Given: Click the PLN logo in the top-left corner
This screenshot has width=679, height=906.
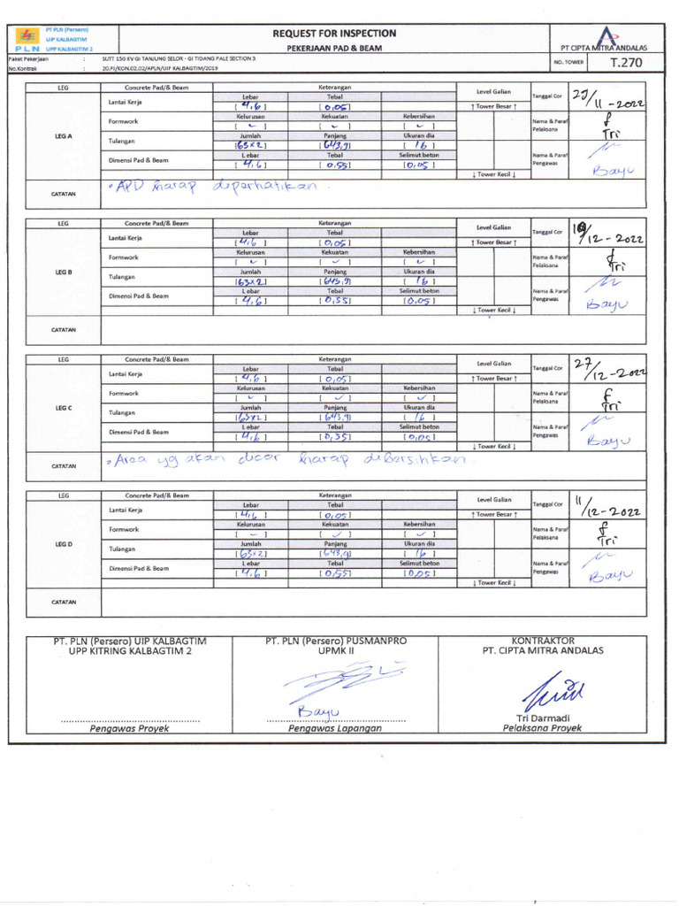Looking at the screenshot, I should click(27, 36).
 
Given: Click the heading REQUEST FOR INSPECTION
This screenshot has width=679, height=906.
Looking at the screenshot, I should click(334, 33).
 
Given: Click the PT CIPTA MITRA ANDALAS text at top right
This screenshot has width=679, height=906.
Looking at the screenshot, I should click(604, 48).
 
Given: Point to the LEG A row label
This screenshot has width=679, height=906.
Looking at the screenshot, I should click(63, 136).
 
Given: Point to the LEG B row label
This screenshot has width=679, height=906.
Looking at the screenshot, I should click(63, 272).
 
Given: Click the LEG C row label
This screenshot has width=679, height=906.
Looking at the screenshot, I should click(63, 408).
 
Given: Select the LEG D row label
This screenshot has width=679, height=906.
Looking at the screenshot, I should click(63, 543).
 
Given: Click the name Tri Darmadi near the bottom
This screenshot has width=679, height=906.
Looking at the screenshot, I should click(542, 717).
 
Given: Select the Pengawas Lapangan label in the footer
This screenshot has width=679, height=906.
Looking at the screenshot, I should click(334, 728).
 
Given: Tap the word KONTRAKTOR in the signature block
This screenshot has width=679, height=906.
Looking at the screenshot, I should click(543, 640).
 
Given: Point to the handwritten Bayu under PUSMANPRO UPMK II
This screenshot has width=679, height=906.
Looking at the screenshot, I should click(318, 711).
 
